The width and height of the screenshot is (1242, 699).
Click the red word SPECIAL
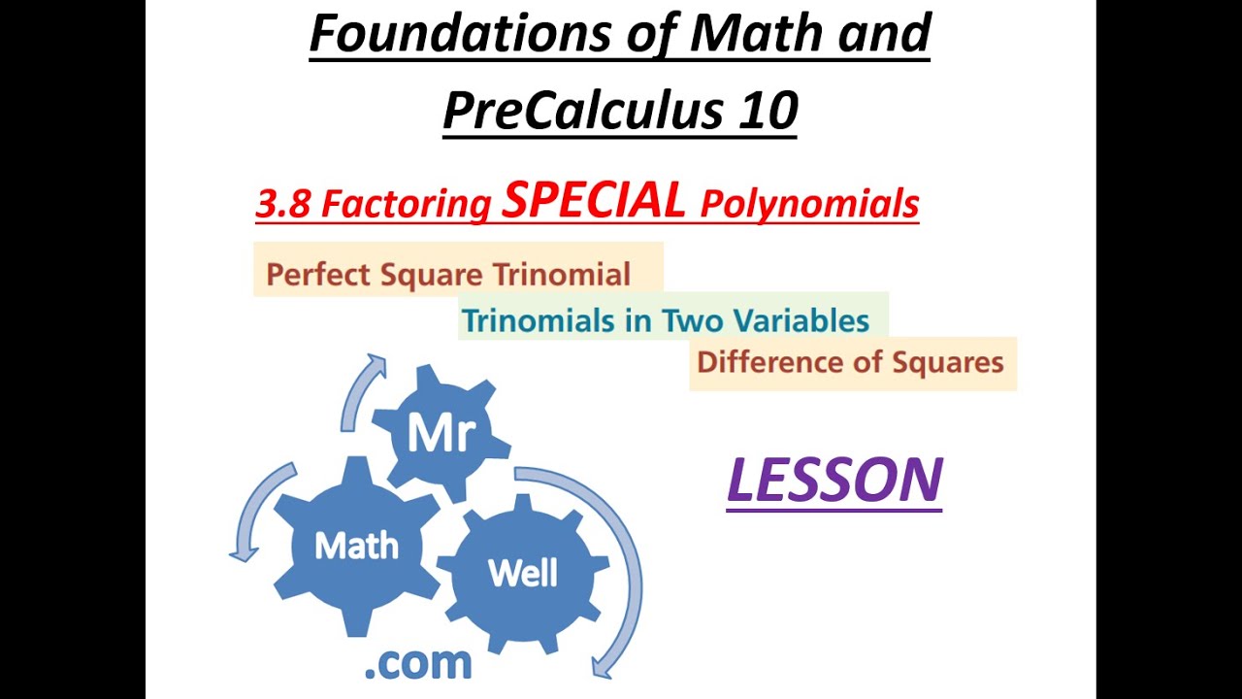tap(594, 200)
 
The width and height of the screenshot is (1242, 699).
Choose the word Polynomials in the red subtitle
tap(809, 205)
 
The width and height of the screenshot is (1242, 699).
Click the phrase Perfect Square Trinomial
tap(448, 275)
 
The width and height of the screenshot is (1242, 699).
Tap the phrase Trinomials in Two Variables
tap(665, 320)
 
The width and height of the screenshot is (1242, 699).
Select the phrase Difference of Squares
tap(850, 363)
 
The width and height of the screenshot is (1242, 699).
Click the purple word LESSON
tap(834, 480)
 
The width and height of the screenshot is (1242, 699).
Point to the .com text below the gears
tap(417, 663)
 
